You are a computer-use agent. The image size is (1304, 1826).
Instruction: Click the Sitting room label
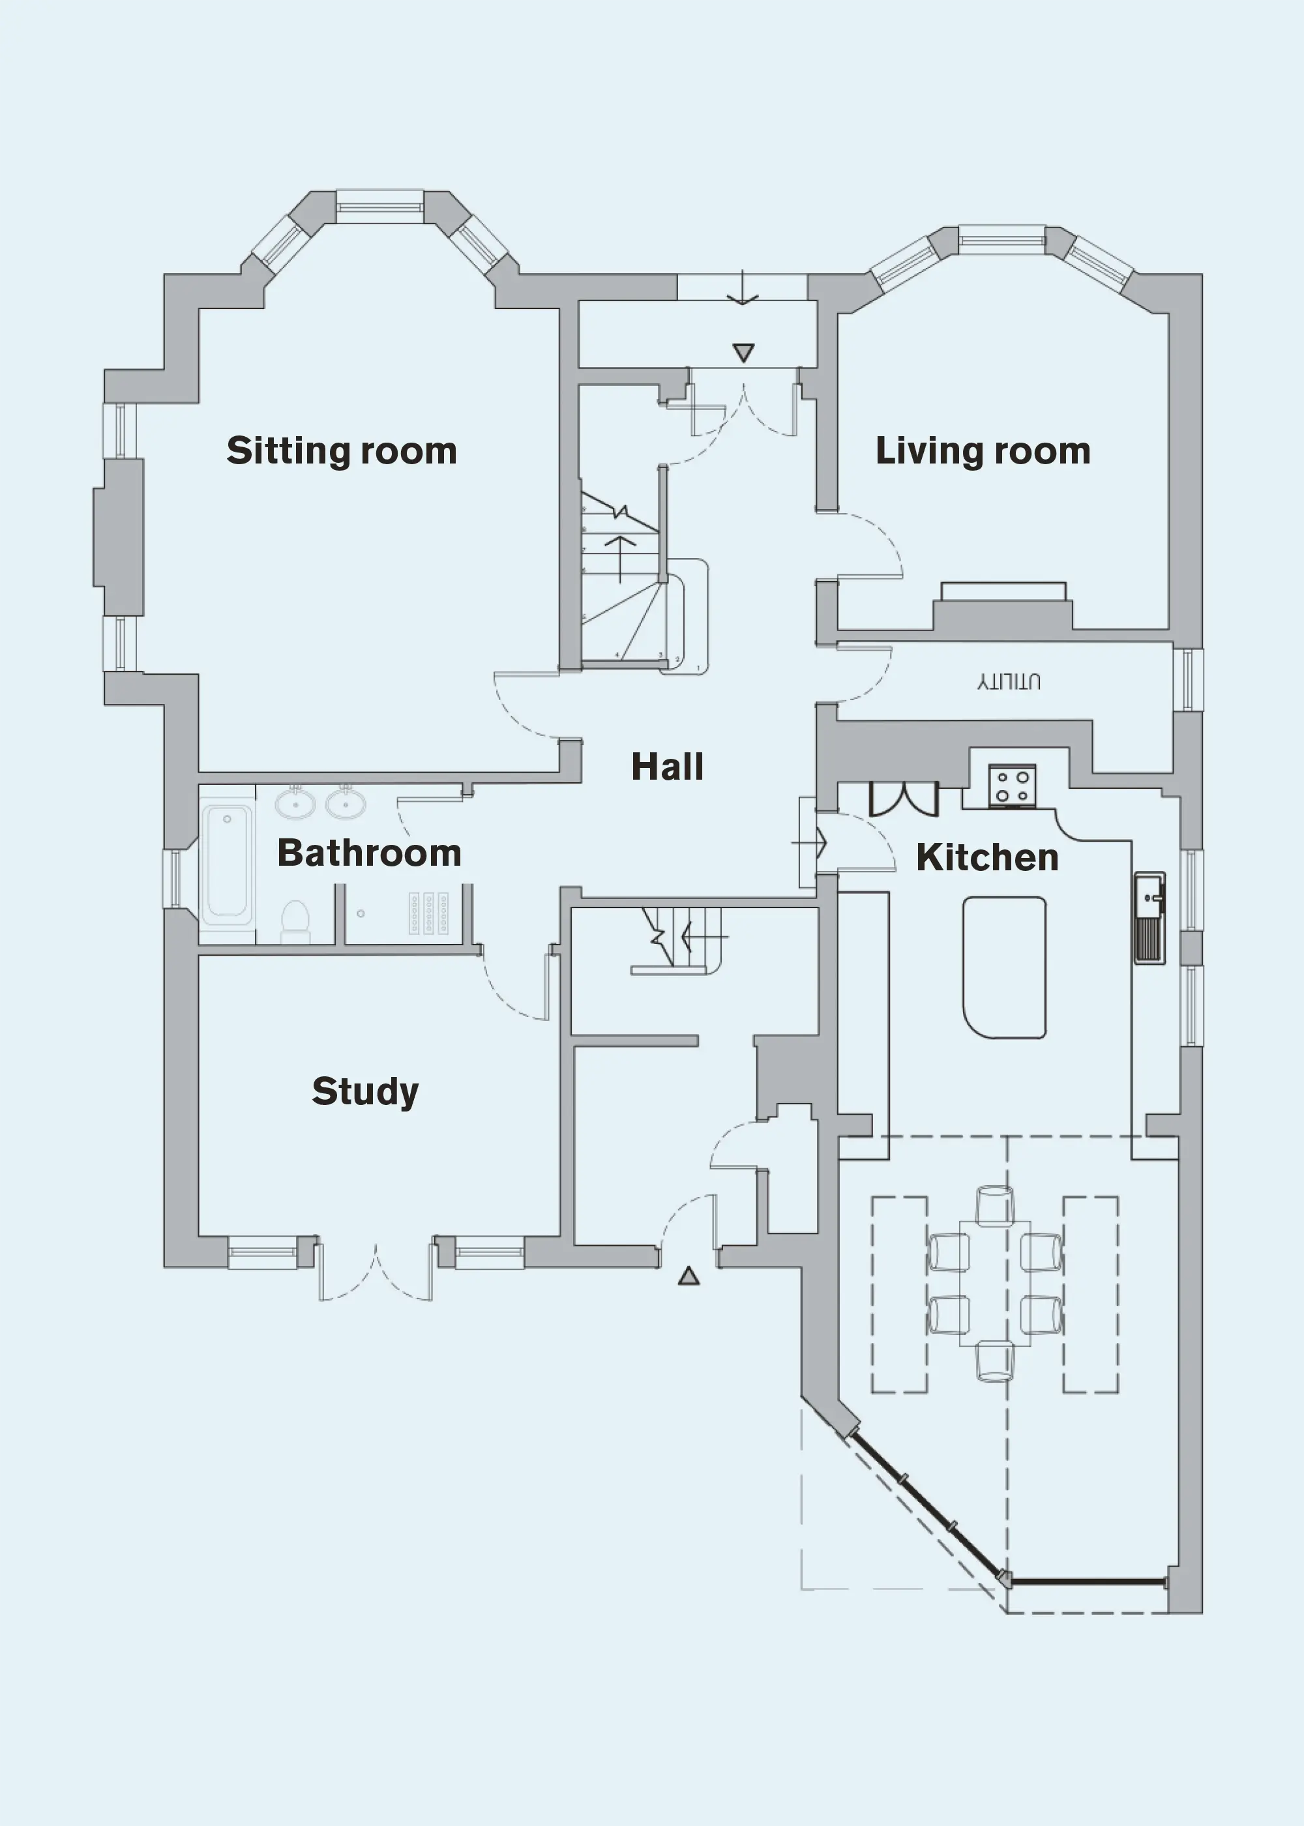point(341,451)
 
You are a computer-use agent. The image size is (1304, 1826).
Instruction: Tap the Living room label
point(983,451)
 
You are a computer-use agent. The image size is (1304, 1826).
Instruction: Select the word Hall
point(667,767)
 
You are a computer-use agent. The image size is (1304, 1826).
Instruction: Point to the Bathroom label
point(370,853)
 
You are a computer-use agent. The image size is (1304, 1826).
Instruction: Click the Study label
point(365,1091)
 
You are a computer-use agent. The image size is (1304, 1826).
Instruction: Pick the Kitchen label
point(987,857)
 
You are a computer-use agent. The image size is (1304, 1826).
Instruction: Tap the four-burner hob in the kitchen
point(1012,786)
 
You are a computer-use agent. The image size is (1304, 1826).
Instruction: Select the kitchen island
point(1003,967)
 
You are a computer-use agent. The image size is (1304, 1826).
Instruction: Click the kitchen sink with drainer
point(1149,917)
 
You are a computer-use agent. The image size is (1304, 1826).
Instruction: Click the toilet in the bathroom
point(295,921)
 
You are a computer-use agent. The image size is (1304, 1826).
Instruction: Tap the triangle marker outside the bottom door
point(688,1276)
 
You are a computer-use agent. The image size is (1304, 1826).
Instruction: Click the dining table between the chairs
point(995,1282)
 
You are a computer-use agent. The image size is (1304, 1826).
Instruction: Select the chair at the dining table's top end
point(995,1205)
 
